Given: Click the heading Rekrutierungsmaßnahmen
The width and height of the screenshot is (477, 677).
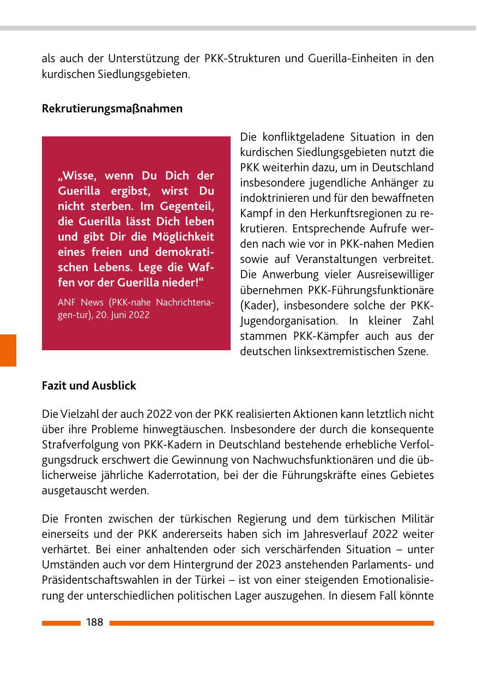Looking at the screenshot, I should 112,109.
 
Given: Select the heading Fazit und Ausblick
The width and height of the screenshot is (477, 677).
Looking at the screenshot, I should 89,386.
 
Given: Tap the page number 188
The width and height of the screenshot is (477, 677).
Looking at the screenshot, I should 94,622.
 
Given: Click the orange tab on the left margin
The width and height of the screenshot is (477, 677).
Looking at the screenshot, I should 8,350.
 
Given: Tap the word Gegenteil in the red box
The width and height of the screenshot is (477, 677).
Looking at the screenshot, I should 188,207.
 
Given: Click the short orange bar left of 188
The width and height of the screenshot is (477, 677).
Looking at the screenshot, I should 61,623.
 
